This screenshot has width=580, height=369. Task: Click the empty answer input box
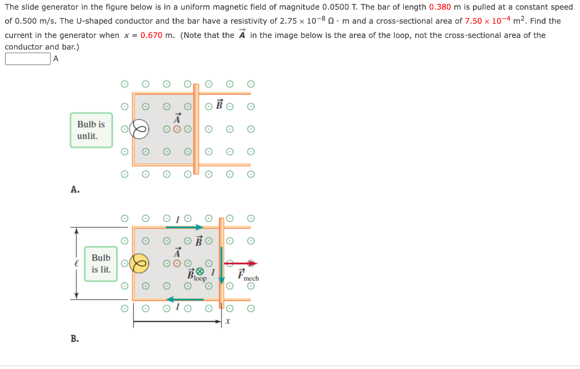click(x=28, y=59)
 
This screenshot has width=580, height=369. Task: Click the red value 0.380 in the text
click(x=440, y=7)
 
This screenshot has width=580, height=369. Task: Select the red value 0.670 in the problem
click(x=151, y=35)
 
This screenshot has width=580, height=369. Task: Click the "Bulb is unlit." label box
click(x=91, y=130)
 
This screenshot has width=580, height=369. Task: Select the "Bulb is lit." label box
click(x=101, y=264)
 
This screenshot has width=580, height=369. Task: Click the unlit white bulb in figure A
click(x=139, y=129)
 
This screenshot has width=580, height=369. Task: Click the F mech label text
click(x=248, y=277)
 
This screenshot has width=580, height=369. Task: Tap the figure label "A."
click(x=75, y=190)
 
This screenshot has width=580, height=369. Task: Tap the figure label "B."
click(x=75, y=338)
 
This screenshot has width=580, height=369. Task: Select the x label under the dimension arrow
click(x=228, y=321)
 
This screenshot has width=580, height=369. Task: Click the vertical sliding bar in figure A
click(x=196, y=129)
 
